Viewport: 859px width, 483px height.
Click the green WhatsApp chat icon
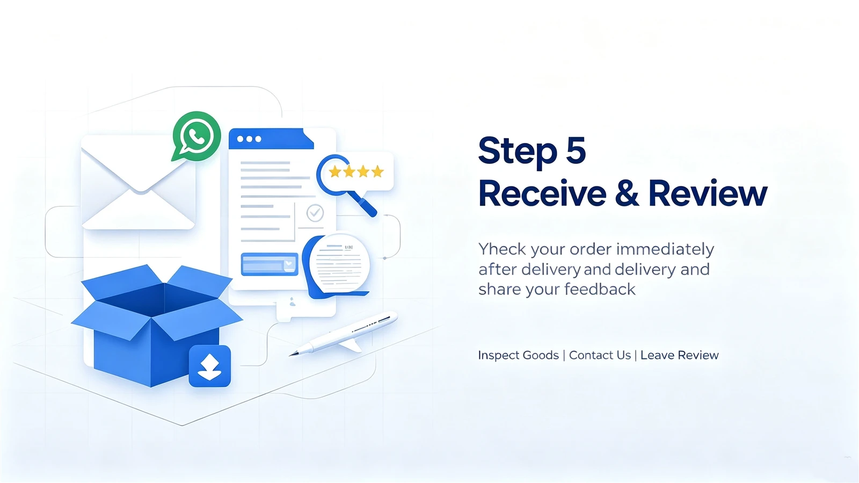pyautogui.click(x=196, y=136)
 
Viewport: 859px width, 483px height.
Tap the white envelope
pyautogui.click(x=139, y=183)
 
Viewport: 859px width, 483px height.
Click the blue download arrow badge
pyautogui.click(x=210, y=366)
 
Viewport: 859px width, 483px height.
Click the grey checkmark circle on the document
pyautogui.click(x=315, y=213)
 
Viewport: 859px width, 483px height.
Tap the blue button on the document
pyautogui.click(x=270, y=264)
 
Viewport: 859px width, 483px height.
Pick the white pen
pyautogui.click(x=344, y=334)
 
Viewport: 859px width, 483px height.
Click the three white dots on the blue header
pyautogui.click(x=249, y=139)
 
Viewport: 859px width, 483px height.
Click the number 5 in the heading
pyautogui.click(x=576, y=150)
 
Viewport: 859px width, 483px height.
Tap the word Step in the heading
pyautogui.click(x=518, y=152)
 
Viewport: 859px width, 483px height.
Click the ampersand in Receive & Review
pyautogui.click(x=627, y=193)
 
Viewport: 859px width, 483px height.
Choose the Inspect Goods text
pyautogui.click(x=519, y=355)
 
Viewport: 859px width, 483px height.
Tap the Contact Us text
pyautogui.click(x=600, y=355)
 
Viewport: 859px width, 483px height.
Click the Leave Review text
pyautogui.click(x=680, y=355)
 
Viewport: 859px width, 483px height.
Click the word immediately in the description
pyautogui.click(x=665, y=250)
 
